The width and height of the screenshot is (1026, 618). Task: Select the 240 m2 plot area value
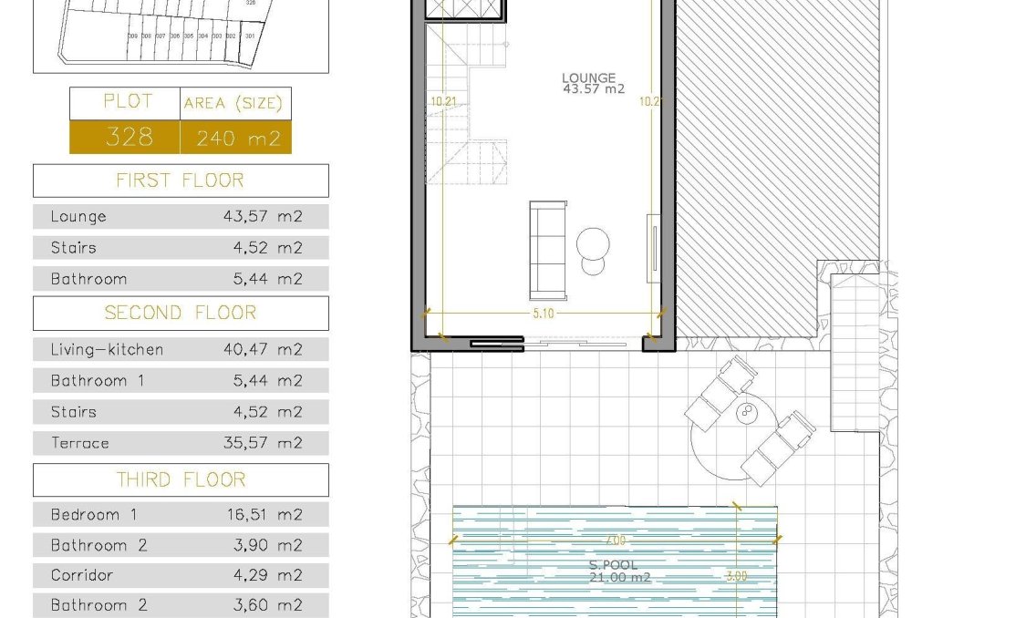235,139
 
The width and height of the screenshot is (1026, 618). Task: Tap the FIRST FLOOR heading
181,180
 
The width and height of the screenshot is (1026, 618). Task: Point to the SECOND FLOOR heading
181,313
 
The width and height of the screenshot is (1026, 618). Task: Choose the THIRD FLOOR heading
181,479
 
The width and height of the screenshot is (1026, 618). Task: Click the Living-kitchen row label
108,349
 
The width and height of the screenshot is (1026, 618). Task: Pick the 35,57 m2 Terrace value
263,443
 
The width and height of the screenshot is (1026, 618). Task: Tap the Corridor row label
82,575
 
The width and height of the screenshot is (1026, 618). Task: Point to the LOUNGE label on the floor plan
589,78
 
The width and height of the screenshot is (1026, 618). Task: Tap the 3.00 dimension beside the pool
736,576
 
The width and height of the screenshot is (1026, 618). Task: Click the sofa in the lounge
547,251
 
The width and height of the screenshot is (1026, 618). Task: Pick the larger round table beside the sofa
594,242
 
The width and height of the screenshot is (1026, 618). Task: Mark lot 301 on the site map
249,36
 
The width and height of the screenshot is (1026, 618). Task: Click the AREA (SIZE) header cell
233,103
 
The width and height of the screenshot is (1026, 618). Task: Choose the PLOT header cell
128,101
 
